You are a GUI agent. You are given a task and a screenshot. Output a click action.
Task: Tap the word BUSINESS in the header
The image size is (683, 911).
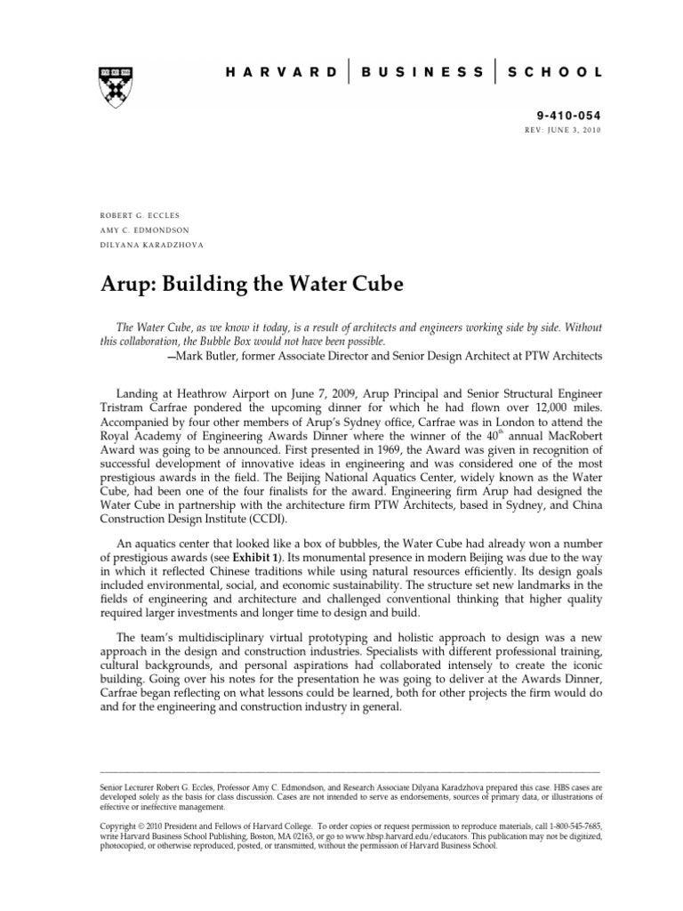pyautogui.click(x=423, y=71)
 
